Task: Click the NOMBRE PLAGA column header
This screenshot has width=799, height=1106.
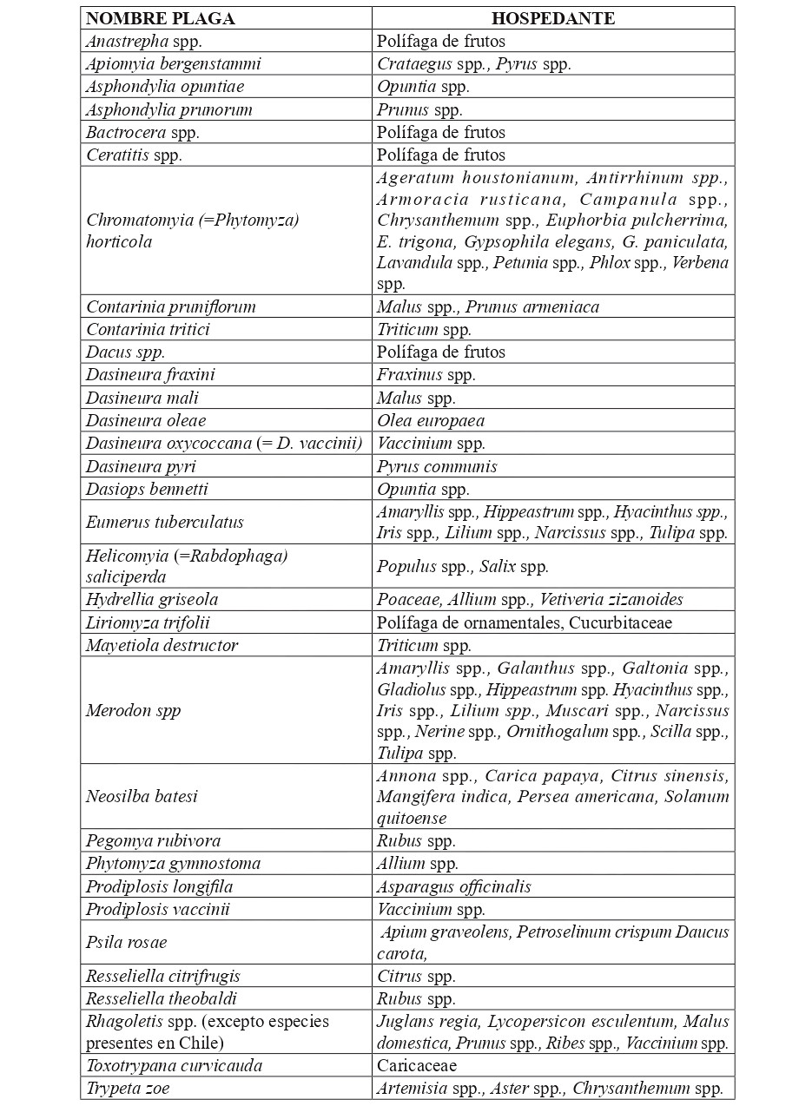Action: coord(160,18)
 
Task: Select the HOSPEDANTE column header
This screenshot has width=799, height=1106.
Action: coord(552,18)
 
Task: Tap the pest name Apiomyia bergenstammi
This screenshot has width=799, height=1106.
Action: coord(173,63)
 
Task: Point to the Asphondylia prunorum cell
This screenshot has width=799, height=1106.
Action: coord(168,109)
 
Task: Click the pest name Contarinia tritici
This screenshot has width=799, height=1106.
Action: coord(148,329)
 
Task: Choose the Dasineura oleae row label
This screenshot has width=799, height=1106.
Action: coord(146,420)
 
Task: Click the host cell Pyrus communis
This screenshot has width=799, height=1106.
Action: coord(437,466)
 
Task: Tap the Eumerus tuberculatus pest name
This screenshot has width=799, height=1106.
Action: coord(164,522)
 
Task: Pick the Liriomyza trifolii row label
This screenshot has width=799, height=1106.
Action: coord(148,622)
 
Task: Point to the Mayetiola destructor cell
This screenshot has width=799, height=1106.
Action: coord(162,645)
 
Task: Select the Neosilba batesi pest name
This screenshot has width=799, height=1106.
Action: coord(142,796)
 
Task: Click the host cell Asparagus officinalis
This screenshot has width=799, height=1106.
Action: coord(453,886)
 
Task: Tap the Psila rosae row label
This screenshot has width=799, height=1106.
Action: coord(126,942)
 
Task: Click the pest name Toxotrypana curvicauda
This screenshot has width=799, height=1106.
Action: coord(174,1065)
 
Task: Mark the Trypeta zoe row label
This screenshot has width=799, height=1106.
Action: coord(128,1088)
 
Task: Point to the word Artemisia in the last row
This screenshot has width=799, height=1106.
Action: coord(413,1088)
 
